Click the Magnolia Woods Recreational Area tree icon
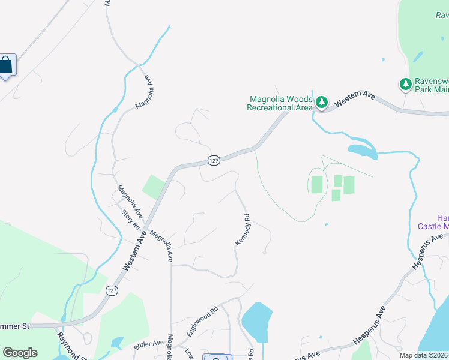(x=322, y=103)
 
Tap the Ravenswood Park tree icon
(x=406, y=83)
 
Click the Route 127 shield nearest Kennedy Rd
(x=214, y=160)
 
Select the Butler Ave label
(x=149, y=345)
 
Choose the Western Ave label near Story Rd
(x=136, y=251)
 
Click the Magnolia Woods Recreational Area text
(x=280, y=103)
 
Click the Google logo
(x=20, y=353)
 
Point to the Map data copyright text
(x=424, y=355)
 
